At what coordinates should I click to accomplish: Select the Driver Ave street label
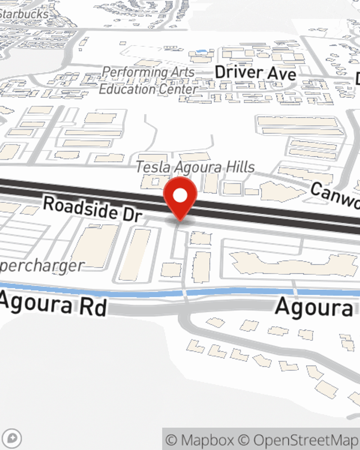coord(256,73)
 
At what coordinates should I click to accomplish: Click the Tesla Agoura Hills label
coord(195,167)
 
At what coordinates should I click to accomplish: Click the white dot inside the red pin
coord(180,195)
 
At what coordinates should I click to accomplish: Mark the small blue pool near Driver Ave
coord(202,51)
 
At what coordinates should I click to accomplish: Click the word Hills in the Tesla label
coord(238,167)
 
